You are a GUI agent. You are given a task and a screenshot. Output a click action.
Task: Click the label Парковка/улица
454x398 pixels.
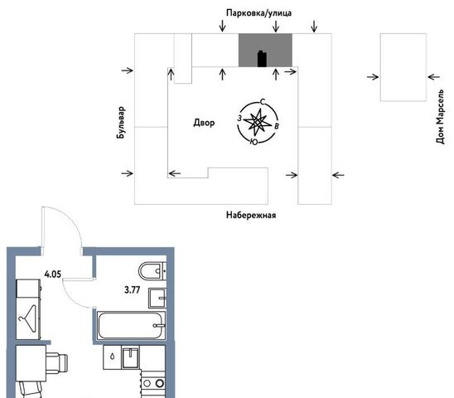point(258,13)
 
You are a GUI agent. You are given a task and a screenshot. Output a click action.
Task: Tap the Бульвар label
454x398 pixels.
point(121,123)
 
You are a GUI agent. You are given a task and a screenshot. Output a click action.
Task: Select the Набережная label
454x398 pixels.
point(251,215)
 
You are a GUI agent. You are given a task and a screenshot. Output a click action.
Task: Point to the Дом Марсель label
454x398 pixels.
point(440,117)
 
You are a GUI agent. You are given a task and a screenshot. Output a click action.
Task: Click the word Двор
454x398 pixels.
point(204,123)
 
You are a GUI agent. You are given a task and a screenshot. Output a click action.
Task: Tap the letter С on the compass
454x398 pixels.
point(263,102)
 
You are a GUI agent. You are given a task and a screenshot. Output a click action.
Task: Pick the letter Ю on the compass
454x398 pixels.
point(254,142)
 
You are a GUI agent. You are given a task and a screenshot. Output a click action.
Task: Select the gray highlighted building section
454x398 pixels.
point(265,50)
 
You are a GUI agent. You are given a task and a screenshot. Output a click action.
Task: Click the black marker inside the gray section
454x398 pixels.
point(262,59)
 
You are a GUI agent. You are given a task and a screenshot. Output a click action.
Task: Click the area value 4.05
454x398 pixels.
point(52,274)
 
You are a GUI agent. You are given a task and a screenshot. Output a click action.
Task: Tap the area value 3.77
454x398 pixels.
point(132,289)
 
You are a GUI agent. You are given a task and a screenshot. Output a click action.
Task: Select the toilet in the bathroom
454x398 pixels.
point(152,271)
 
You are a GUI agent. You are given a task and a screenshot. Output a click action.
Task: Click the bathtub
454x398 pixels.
point(131,326)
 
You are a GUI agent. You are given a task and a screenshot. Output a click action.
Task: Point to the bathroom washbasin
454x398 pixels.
point(157,298)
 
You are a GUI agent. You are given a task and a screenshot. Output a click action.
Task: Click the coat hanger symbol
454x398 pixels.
point(28,318)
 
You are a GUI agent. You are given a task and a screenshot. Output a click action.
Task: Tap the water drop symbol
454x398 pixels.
point(113,356)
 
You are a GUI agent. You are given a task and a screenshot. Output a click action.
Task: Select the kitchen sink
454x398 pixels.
point(131,357)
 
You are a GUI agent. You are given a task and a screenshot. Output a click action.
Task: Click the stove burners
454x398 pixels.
point(153,384)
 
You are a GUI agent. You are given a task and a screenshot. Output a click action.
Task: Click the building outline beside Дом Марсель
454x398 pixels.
point(403,67)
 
